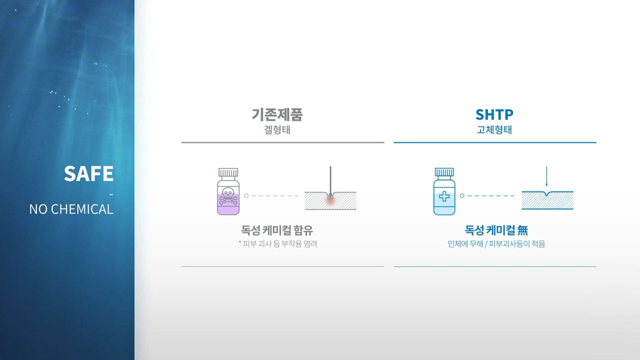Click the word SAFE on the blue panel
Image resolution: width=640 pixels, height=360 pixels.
click(x=88, y=173)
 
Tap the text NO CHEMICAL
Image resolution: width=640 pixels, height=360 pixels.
click(x=71, y=209)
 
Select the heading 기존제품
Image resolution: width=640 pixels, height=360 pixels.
click(x=277, y=114)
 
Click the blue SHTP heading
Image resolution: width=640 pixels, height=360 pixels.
click(x=494, y=114)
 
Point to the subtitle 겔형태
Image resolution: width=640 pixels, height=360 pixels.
click(x=277, y=130)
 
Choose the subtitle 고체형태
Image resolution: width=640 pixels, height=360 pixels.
click(x=494, y=130)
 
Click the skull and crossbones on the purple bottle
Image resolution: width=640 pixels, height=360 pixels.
click(x=228, y=196)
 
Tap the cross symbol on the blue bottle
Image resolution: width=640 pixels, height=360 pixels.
click(x=444, y=196)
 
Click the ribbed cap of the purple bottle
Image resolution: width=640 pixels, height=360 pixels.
click(x=228, y=172)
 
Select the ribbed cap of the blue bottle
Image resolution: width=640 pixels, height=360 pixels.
click(x=444, y=172)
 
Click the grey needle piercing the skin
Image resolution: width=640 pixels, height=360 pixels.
click(x=330, y=181)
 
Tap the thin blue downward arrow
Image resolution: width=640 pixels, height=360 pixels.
click(x=546, y=176)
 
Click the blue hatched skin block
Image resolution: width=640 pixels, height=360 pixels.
click(x=547, y=201)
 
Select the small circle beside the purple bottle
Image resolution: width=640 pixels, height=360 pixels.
click(x=246, y=195)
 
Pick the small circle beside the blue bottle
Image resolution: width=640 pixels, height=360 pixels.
click(x=462, y=195)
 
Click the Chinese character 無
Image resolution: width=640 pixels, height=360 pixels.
click(x=522, y=230)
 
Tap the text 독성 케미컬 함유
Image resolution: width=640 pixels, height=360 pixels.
click(x=277, y=230)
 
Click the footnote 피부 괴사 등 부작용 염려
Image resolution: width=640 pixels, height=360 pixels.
click(x=279, y=244)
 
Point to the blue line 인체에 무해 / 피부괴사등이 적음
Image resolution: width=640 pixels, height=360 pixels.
click(x=496, y=244)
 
